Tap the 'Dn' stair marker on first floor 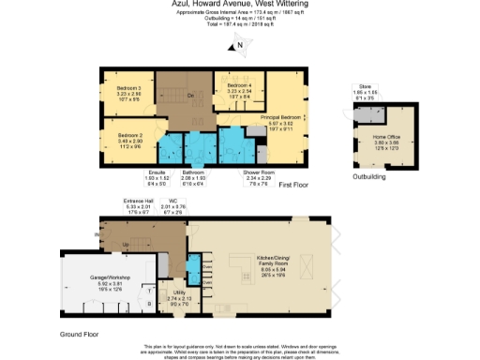(164, 97)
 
